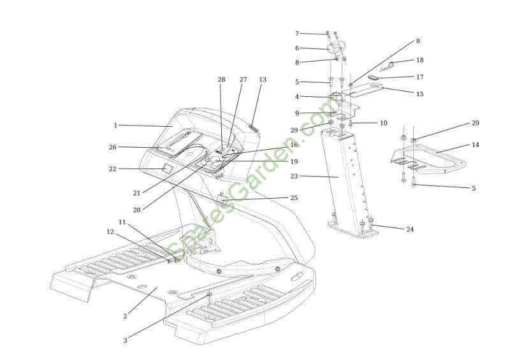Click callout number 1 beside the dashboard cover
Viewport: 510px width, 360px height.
[x=115, y=125]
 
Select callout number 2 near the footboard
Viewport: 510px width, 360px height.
[x=125, y=316]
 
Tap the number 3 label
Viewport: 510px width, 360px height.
[x=125, y=340]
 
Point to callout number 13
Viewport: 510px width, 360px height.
[x=263, y=80]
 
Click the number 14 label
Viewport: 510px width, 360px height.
[x=475, y=145]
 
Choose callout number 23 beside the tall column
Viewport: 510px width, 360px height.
[x=294, y=176]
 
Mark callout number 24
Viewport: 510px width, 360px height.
[x=410, y=229]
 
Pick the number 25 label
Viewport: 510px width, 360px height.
[x=294, y=198]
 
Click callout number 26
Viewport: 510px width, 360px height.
[x=113, y=147]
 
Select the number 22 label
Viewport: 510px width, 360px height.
[x=113, y=169]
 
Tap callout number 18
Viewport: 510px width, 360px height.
[x=420, y=60]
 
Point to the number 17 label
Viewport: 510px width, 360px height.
[x=420, y=77]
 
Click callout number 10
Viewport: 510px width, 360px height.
[x=384, y=123]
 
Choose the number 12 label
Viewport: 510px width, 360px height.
[x=110, y=231]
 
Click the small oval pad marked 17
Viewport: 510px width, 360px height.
[x=372, y=77]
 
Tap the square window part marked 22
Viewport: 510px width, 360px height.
[x=168, y=168]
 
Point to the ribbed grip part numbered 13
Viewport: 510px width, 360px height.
[x=253, y=127]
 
